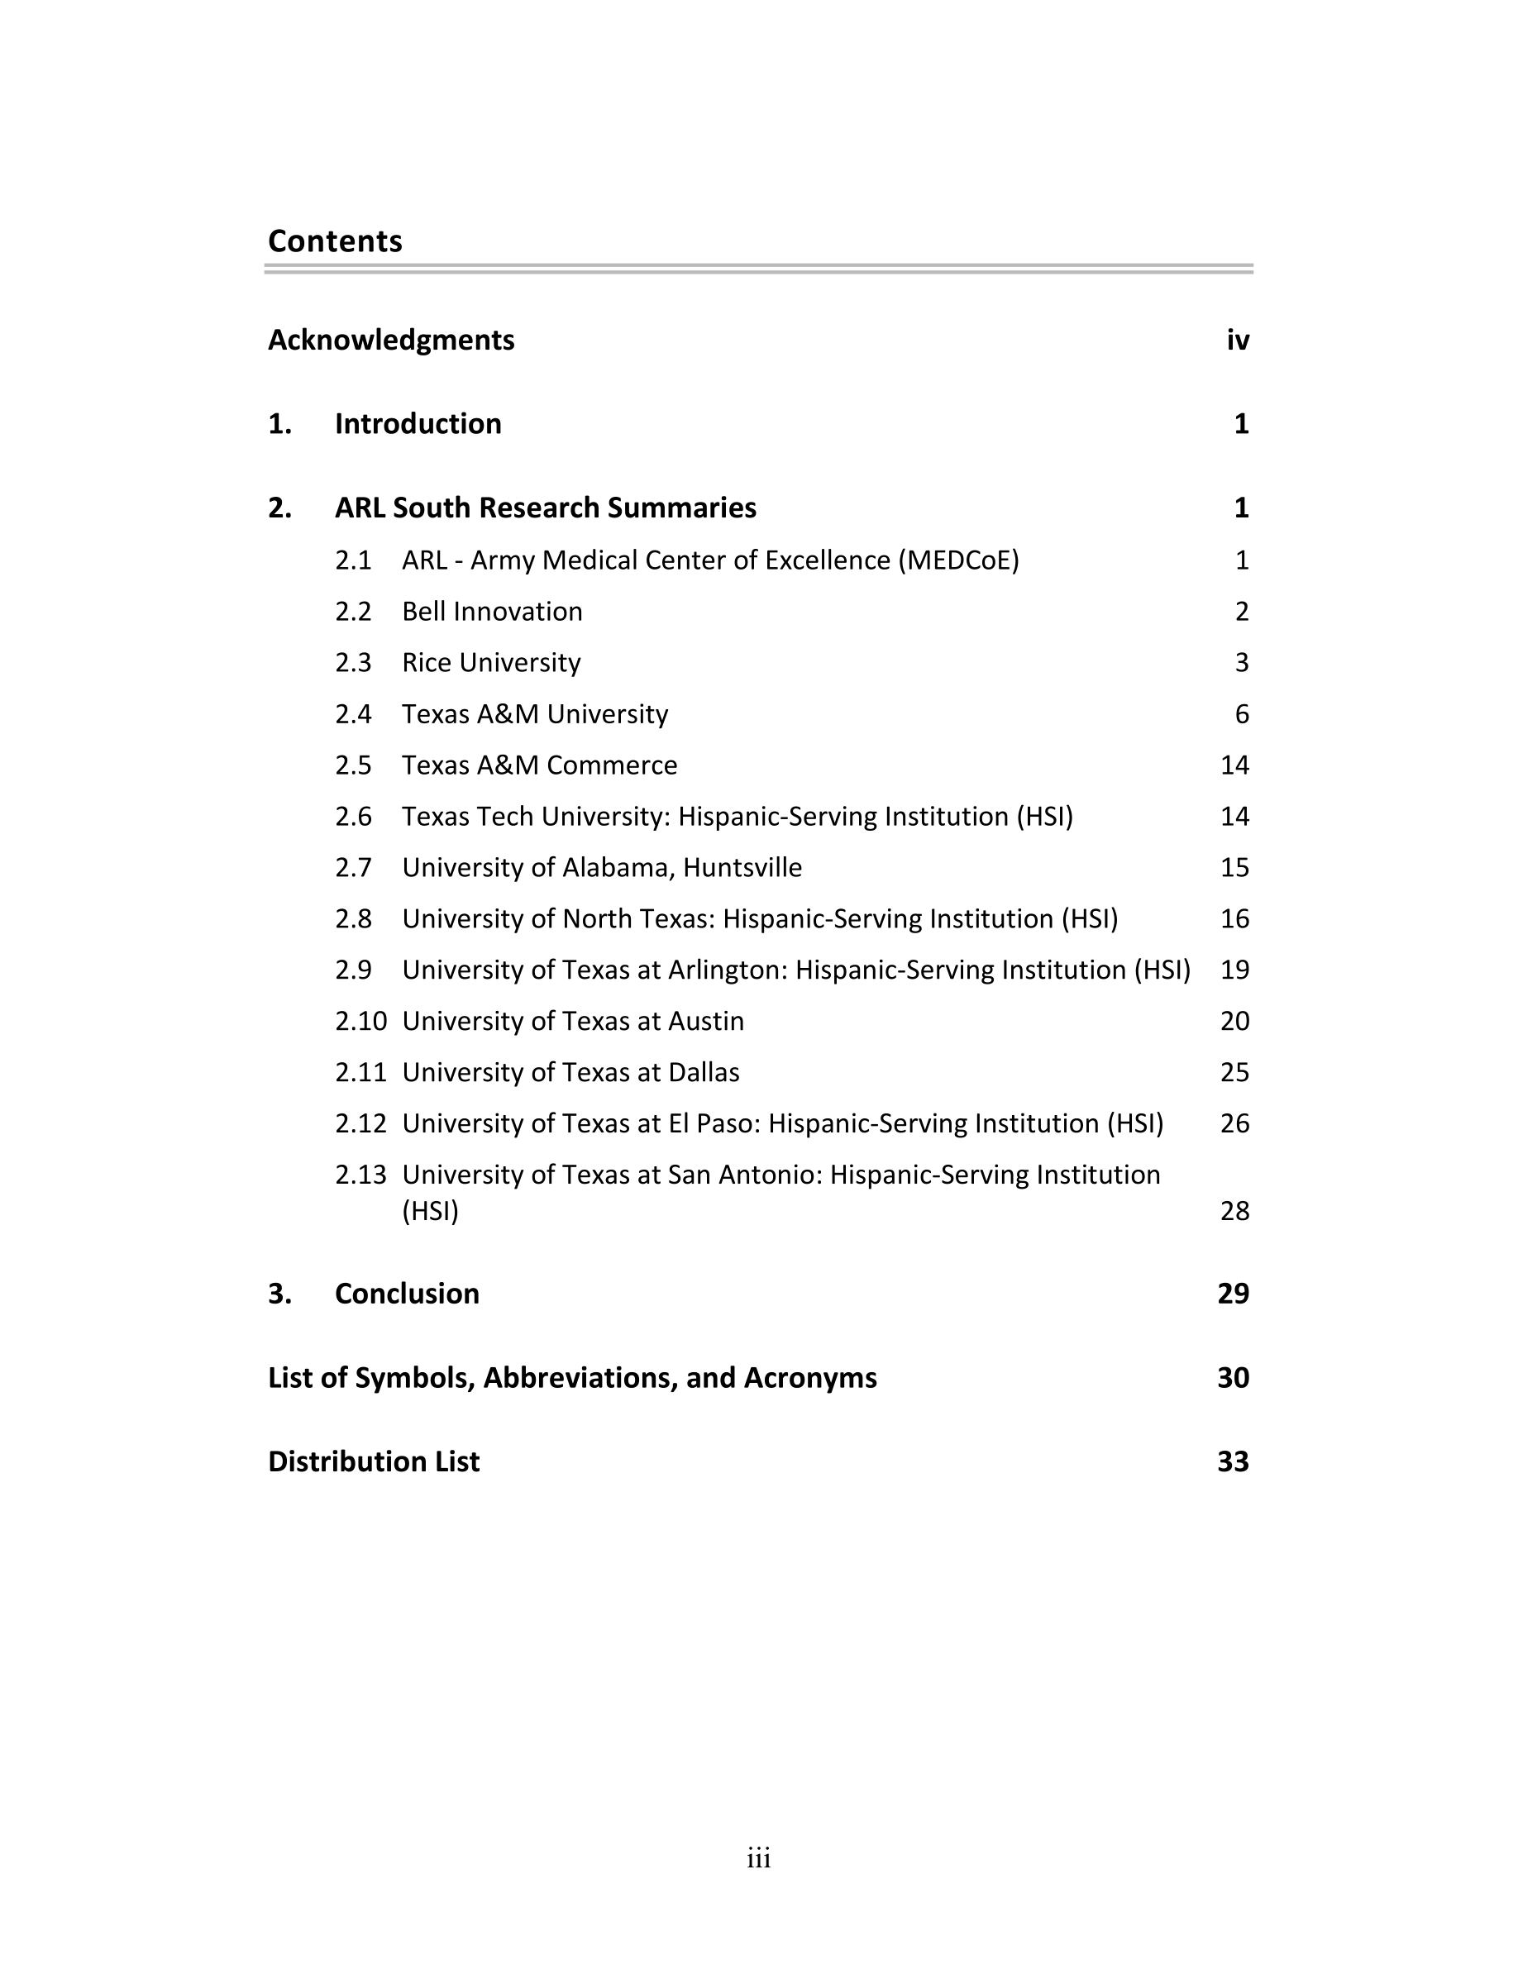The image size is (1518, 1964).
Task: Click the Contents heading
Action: [335, 241]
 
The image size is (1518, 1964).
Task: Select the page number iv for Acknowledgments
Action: [1238, 340]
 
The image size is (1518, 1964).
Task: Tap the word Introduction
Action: [418, 423]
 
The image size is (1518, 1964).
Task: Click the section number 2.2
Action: [353, 612]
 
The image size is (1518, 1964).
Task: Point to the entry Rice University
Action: [491, 663]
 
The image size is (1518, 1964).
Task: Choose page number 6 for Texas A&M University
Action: [1242, 714]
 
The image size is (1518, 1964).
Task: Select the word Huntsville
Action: [742, 868]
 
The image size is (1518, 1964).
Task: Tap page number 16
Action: [1234, 919]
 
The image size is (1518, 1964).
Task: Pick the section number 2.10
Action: [360, 1022]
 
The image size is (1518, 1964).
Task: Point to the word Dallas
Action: [704, 1073]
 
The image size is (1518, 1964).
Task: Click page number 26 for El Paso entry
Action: [1234, 1124]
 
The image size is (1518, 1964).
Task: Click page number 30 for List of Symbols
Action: [1233, 1378]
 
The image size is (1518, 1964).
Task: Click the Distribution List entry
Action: [373, 1461]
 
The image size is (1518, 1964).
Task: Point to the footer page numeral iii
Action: [758, 1858]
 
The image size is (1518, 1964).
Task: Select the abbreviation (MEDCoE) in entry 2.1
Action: [958, 560]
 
